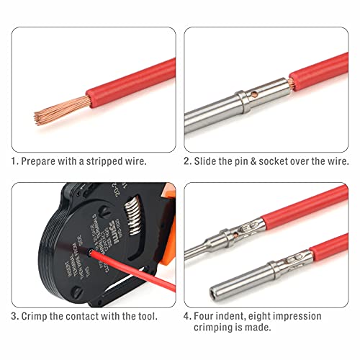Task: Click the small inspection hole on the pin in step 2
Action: coord(253,93)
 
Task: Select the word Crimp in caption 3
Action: coord(39,315)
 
